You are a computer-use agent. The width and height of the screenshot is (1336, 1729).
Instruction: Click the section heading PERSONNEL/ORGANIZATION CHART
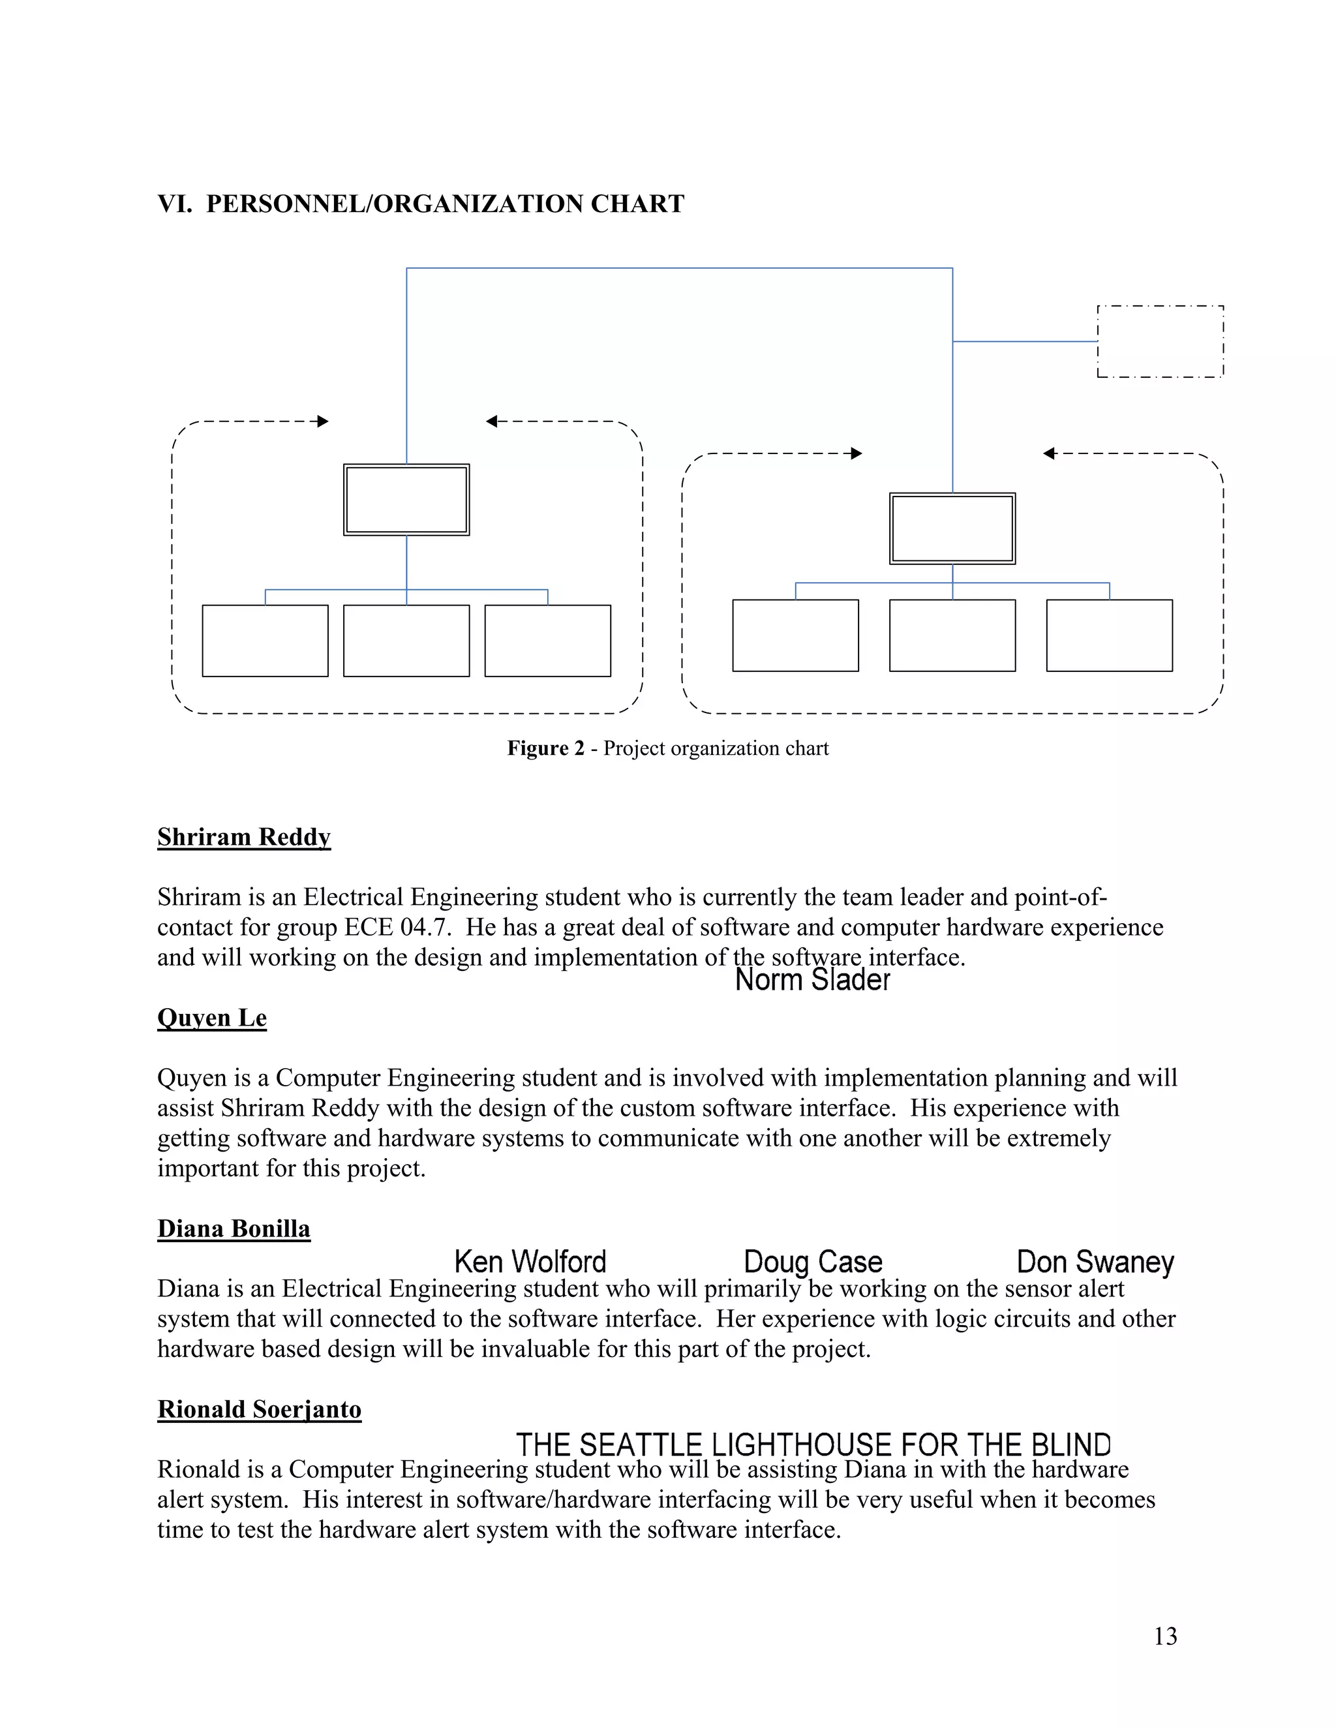click(445, 204)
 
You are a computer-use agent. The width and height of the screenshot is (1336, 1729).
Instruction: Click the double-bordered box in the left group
click(406, 500)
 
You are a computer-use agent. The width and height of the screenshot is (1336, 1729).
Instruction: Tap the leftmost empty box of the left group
click(265, 641)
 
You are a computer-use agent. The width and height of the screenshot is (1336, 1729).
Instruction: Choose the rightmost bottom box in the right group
click(1109, 635)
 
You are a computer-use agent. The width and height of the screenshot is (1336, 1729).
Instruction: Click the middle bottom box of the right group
click(952, 635)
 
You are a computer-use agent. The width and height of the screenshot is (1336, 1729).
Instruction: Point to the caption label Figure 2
click(545, 748)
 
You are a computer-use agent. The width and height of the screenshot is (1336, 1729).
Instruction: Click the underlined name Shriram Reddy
click(244, 837)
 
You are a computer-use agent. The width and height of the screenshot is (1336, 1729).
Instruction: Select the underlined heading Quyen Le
click(212, 1017)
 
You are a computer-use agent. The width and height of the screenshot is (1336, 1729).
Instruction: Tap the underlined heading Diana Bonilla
click(234, 1228)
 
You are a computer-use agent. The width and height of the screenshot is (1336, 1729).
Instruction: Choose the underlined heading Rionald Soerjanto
click(259, 1409)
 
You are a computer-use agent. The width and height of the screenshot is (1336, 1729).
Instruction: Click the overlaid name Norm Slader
click(812, 980)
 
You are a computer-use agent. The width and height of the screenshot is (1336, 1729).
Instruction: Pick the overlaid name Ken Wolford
click(530, 1261)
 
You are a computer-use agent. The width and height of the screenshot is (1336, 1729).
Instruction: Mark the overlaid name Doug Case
click(813, 1261)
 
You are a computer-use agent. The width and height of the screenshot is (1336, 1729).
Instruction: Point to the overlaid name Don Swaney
click(1095, 1261)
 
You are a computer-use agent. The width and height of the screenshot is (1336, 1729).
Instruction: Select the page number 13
click(1165, 1636)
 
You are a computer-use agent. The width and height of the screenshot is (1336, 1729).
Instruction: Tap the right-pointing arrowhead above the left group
click(322, 421)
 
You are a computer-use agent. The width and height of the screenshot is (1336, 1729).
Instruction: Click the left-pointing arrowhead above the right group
click(1050, 453)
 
